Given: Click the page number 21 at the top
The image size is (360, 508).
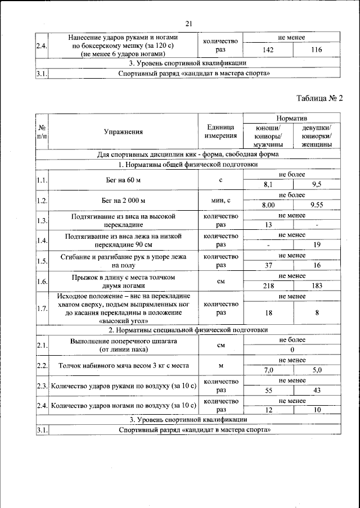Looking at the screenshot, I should click(x=188, y=22).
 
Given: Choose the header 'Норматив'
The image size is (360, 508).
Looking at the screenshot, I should click(x=292, y=118).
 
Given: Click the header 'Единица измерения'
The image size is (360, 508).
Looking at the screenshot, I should click(x=221, y=132).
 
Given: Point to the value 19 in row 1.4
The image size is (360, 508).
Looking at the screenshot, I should click(x=316, y=245).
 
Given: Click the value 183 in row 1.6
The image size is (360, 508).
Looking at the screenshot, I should click(x=316, y=285).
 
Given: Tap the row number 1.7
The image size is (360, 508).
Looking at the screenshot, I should click(x=42, y=308).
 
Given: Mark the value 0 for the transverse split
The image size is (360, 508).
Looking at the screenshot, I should click(x=292, y=350).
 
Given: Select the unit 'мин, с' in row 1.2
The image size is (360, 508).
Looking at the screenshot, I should click(x=221, y=201).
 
